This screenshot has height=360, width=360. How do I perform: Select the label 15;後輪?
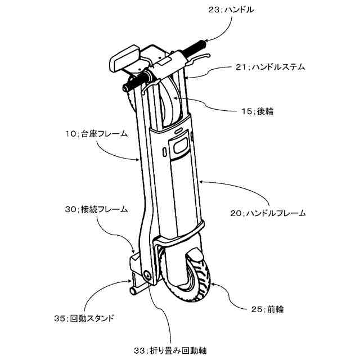click(x=257, y=111)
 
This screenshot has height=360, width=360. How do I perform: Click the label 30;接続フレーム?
click(x=96, y=209)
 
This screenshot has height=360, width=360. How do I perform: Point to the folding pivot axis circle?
click(x=147, y=276)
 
